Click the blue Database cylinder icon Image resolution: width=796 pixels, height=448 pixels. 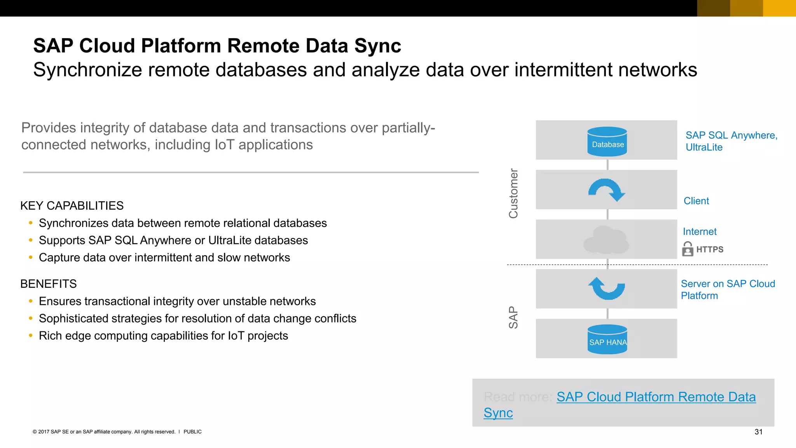(x=607, y=142)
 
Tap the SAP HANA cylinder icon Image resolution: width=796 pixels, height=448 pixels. (x=607, y=339)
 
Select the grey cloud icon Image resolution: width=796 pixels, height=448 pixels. (x=606, y=240)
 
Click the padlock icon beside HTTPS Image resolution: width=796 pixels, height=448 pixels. (x=688, y=249)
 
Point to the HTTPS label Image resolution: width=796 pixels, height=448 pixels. (x=710, y=249)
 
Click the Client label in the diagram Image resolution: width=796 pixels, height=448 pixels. (x=696, y=201)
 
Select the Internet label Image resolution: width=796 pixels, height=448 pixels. (x=700, y=232)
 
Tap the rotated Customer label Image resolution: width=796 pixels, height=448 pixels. (x=513, y=193)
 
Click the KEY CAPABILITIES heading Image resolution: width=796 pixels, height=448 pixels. (x=72, y=206)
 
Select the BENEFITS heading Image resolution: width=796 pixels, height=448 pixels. (x=49, y=284)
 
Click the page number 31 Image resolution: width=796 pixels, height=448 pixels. (x=758, y=432)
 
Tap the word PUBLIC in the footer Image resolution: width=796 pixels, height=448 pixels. (x=192, y=432)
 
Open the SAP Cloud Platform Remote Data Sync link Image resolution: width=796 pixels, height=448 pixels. (x=656, y=397)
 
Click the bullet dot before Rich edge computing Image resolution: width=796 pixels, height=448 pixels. (x=31, y=335)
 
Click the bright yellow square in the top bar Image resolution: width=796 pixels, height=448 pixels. (x=779, y=8)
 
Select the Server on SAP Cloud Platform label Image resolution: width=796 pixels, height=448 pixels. (x=728, y=290)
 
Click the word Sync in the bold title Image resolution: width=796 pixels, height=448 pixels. (x=377, y=46)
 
